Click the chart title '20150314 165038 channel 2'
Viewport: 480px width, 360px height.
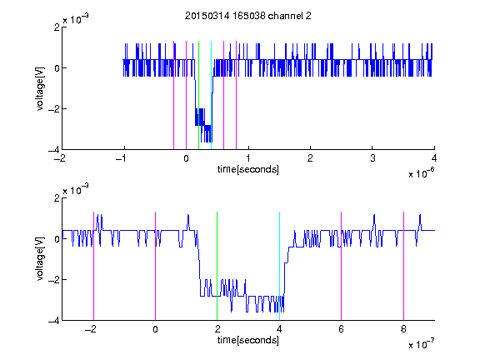click(248, 16)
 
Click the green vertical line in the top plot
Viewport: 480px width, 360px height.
click(198, 95)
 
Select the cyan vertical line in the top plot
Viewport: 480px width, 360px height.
click(211, 95)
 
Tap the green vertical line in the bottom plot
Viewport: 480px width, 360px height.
click(217, 266)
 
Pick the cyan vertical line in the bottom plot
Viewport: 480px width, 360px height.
click(279, 266)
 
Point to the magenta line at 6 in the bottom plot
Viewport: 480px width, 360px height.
click(342, 266)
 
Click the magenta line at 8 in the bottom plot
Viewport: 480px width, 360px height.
click(403, 266)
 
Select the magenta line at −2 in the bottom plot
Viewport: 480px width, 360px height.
click(93, 266)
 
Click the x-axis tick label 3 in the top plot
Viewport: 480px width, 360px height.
click(372, 158)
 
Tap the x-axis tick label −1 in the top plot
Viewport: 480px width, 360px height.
click(122, 158)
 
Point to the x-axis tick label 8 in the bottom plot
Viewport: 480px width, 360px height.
click(403, 329)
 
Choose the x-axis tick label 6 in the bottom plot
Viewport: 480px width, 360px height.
click(342, 329)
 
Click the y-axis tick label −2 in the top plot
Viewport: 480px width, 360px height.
click(54, 109)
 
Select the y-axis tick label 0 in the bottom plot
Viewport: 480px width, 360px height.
click(57, 239)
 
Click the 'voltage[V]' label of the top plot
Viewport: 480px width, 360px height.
click(40, 88)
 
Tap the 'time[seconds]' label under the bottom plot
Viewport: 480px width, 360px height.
click(248, 340)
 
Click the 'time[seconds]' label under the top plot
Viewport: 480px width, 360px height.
click(248, 169)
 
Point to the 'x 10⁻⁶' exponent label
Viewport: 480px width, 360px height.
click(422, 172)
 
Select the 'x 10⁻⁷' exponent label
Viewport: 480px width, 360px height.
click(422, 344)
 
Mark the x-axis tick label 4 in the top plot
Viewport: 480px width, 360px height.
click(434, 158)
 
